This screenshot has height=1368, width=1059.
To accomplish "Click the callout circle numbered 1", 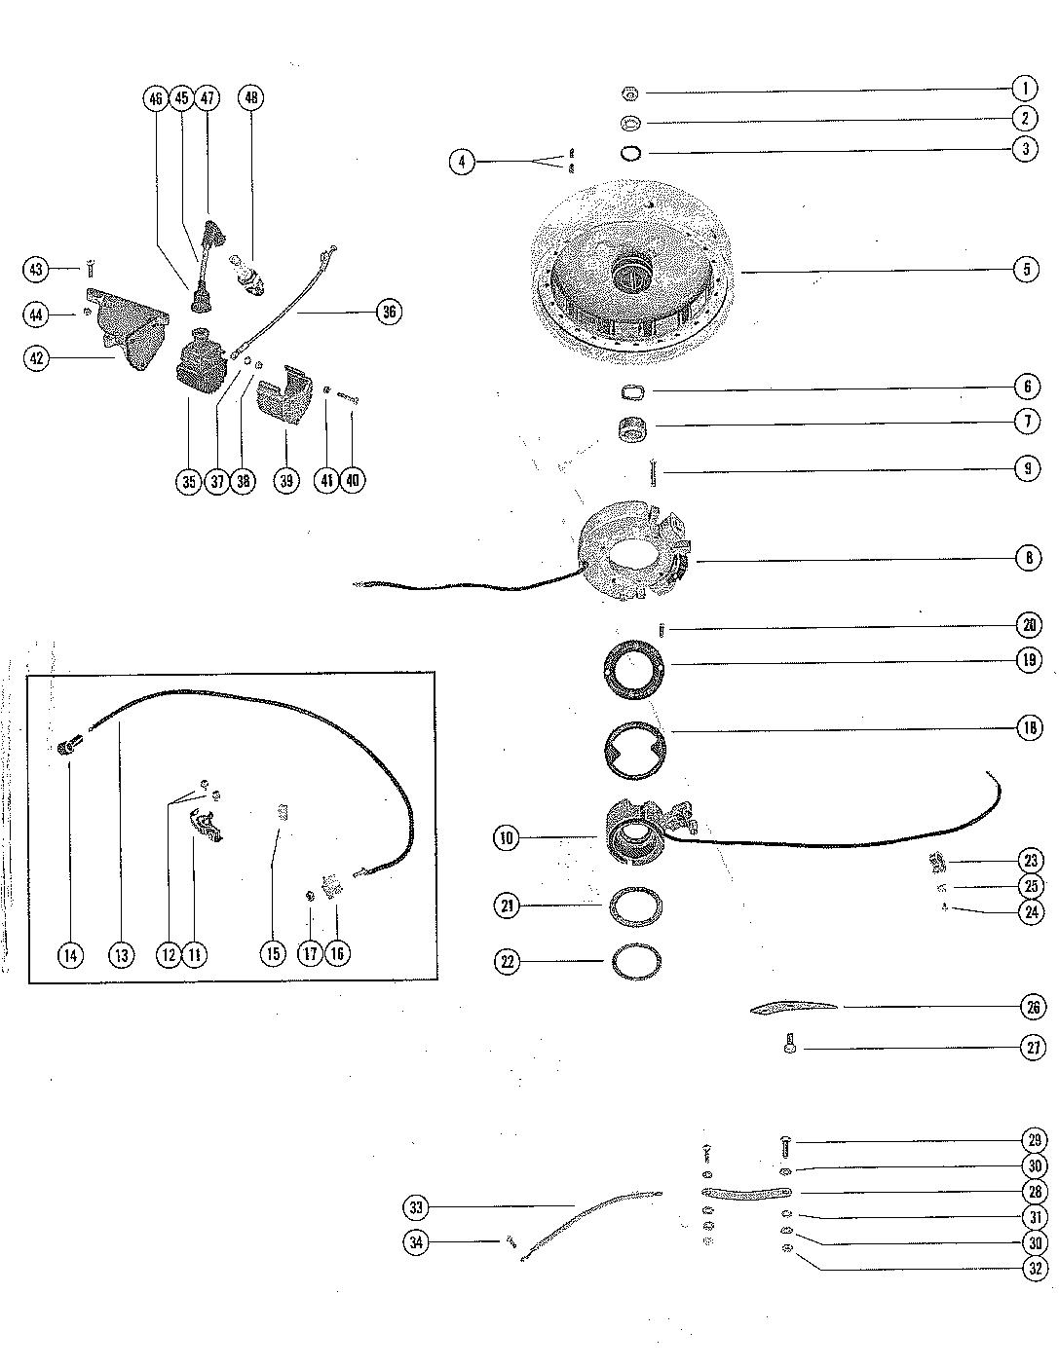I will [x=1024, y=90].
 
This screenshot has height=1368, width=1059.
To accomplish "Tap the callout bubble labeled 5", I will [x=1026, y=269].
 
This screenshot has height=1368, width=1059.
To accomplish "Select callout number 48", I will [x=251, y=98].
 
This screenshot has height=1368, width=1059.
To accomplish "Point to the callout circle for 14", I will [x=70, y=955].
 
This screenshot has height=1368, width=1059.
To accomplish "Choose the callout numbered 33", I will [x=416, y=1208].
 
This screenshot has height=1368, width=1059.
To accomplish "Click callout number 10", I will [x=508, y=837].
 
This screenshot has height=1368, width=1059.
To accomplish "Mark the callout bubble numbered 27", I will [x=1033, y=1048].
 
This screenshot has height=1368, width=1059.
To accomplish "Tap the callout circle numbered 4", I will [x=462, y=162].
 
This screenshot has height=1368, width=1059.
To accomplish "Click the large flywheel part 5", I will [x=634, y=258].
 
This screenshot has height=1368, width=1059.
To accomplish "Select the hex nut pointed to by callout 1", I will [x=628, y=93].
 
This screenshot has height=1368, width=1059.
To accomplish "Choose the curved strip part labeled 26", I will [x=793, y=1007].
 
